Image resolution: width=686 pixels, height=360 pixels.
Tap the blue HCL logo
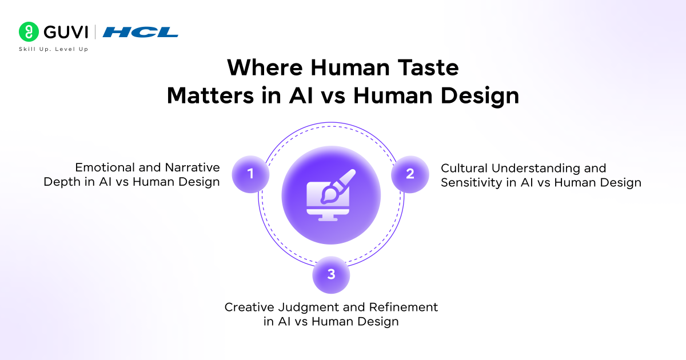pos(141,32)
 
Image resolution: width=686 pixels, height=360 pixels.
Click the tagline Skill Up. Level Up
pos(53,49)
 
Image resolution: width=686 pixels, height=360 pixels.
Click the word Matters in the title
pos(206,95)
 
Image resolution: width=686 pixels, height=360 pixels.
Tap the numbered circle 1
pos(250,174)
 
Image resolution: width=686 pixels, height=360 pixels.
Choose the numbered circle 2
pos(410,174)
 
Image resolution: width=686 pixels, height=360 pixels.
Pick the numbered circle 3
pos(331,274)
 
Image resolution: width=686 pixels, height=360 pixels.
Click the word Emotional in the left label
pos(101,168)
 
